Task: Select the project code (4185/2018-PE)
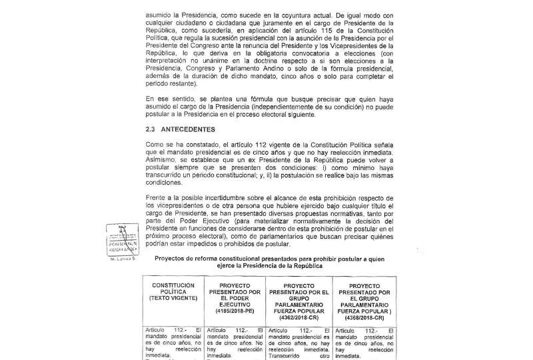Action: pos(234,310)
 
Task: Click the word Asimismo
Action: pos(161,160)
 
